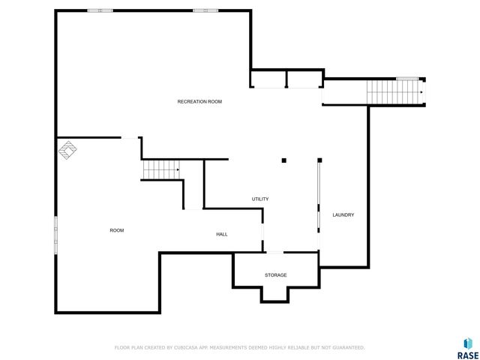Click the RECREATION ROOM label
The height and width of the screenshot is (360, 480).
click(x=199, y=101)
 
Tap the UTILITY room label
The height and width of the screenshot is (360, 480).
click(x=260, y=199)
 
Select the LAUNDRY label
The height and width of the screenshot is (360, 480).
click(x=343, y=215)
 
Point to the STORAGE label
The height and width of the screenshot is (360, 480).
click(x=275, y=275)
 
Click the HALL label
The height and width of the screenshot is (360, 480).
click(x=222, y=235)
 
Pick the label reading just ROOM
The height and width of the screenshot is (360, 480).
click(x=116, y=230)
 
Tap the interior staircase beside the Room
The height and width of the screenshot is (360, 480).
click(x=161, y=170)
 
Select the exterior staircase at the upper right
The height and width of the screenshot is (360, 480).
click(x=394, y=92)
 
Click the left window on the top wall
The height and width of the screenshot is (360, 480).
click(x=100, y=10)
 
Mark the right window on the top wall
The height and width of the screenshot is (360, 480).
click(x=205, y=10)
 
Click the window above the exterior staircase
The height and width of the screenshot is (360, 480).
click(x=406, y=79)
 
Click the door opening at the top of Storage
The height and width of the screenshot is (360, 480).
click(x=275, y=253)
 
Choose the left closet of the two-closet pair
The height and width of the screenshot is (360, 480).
click(x=268, y=79)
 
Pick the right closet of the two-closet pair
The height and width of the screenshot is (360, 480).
click(x=304, y=79)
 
